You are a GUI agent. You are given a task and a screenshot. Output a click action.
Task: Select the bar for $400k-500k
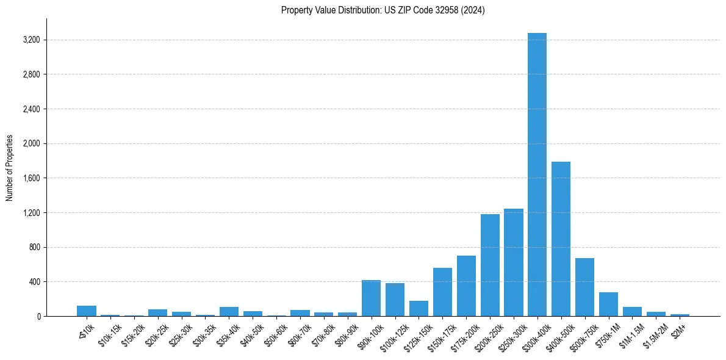tap(561, 239)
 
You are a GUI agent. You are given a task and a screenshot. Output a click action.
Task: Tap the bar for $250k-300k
tap(514, 262)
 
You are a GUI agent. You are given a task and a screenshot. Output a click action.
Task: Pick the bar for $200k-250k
tap(490, 265)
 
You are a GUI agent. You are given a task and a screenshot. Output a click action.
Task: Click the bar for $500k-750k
tap(584, 287)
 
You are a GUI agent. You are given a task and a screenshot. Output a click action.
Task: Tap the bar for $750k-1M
tap(608, 304)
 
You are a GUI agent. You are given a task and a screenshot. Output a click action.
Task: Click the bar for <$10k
tap(87, 311)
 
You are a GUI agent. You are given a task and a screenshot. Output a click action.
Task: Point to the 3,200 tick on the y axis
tap(31, 40)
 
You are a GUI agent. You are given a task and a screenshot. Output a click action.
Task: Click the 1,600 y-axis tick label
tap(31, 178)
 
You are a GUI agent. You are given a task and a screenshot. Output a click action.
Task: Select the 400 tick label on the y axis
tap(34, 282)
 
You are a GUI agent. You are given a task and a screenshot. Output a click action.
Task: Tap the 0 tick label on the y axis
tap(38, 317)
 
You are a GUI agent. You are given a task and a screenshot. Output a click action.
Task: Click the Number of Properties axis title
tap(10, 167)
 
